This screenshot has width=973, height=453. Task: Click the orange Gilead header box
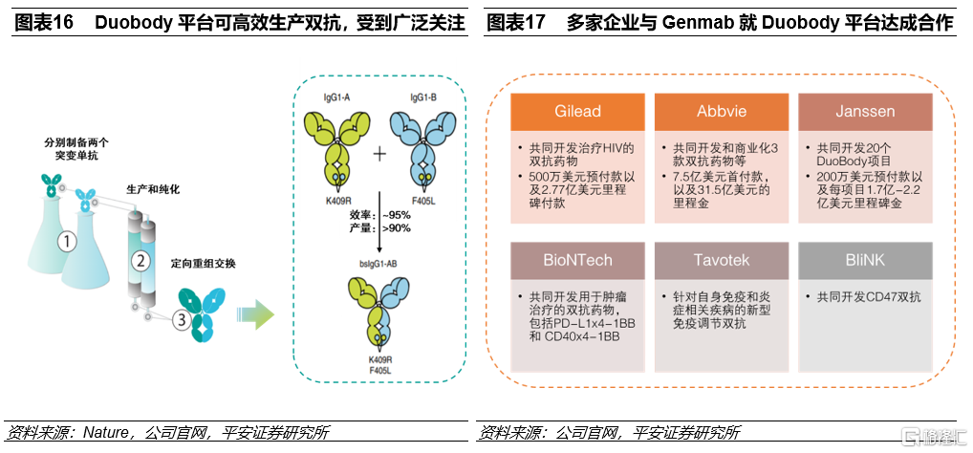(577, 111)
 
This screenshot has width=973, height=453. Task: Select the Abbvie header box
(722, 111)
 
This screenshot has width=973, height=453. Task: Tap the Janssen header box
(865, 111)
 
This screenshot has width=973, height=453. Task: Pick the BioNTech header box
(577, 260)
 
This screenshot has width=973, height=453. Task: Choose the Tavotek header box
(722, 260)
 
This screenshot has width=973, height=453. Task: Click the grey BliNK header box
(865, 260)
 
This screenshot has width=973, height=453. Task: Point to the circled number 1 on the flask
(66, 242)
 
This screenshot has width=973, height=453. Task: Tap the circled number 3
(179, 321)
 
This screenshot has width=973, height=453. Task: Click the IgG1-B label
(423, 97)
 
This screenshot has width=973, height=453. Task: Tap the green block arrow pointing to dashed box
(254, 313)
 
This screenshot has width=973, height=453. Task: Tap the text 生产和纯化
(153, 189)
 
